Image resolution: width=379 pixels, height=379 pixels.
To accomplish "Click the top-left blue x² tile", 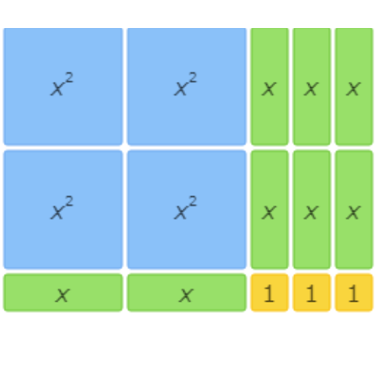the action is pos(63,86).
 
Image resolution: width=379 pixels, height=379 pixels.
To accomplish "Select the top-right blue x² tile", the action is pos(186,86).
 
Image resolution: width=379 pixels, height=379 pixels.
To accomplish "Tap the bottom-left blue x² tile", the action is pos(63,209).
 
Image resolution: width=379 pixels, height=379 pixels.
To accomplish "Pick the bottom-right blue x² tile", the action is pos(186,209).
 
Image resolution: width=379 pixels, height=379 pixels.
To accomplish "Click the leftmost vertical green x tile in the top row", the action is pos(270,86).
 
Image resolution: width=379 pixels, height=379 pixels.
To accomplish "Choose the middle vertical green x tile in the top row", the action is pos(312,86).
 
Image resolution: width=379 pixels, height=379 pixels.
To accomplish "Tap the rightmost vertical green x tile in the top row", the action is pos(354,86).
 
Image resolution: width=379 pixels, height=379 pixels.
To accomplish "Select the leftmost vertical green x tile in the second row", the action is pos(270,209).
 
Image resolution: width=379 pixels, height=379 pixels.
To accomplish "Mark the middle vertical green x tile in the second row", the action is pos(312,209).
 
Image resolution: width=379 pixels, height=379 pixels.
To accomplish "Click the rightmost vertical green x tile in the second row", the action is pos(354,209).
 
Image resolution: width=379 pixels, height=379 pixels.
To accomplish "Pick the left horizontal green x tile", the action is pos(63,293).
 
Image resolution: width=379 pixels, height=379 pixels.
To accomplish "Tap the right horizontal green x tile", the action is pos(186,293).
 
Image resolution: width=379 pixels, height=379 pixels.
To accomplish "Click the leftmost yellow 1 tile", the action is pos(270,293).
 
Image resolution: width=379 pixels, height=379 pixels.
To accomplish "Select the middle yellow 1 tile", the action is pos(312,293).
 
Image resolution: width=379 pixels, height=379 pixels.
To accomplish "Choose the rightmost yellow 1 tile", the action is pos(354,293).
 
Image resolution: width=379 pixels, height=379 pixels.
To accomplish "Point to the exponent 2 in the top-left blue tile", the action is pos(69,78).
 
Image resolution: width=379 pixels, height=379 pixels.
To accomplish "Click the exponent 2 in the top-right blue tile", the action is pos(193,78).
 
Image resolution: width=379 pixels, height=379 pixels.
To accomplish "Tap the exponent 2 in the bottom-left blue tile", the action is pos(69,202).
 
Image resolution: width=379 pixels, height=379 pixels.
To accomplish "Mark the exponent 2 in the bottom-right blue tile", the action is pos(193,202).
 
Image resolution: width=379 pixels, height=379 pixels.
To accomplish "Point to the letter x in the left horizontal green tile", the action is pos(62,295).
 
